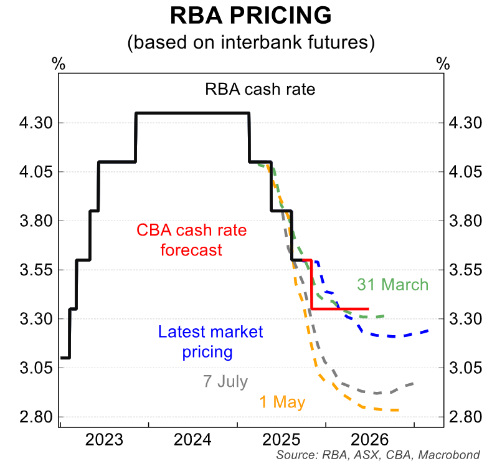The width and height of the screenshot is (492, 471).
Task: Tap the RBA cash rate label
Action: click(260, 89)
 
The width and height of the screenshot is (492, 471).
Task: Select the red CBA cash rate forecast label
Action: click(191, 240)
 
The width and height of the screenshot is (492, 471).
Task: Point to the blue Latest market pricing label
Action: click(211, 342)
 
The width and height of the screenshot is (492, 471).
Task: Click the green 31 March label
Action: click(392, 285)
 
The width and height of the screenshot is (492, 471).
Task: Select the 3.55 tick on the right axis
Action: click(466, 270)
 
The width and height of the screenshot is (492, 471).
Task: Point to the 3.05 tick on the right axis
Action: click(466, 368)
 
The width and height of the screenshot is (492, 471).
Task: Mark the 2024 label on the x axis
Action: click(192, 440)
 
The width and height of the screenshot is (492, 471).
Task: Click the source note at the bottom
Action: click(378, 455)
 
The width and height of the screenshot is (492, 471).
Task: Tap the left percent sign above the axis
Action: click(59, 64)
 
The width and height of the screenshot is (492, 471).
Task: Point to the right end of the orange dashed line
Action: click(397, 410)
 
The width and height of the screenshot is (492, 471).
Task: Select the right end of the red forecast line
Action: click(368, 308)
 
